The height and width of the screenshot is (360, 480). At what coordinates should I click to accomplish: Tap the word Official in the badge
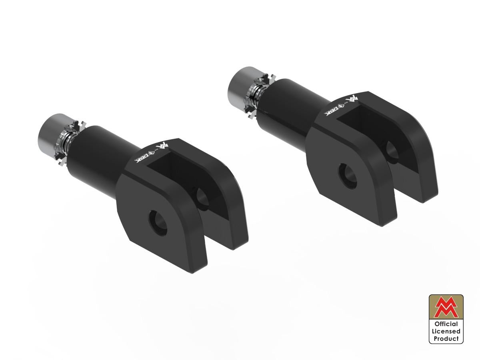[446, 324]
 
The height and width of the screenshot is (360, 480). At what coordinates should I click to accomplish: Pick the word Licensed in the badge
[446, 331]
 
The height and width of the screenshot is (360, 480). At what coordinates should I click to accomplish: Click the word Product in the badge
[446, 338]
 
